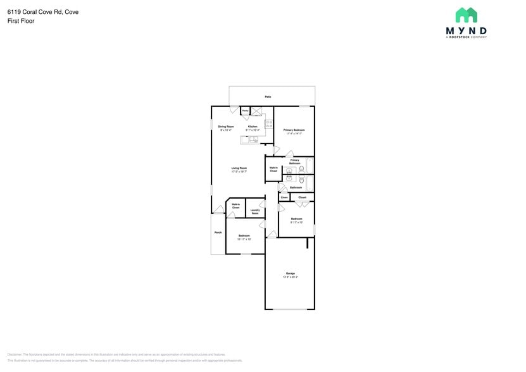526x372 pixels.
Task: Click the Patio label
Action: point(268,97)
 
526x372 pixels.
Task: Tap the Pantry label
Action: point(245,111)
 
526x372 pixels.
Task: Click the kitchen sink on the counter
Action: point(253,139)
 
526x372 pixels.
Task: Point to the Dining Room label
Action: point(226,127)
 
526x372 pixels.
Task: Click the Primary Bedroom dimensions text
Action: point(294,133)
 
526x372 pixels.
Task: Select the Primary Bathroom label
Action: point(294,162)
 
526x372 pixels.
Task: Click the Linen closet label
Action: point(284,197)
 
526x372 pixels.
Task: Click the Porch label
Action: point(218,232)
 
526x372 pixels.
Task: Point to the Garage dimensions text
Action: point(290,277)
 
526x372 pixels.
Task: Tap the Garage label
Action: point(290,273)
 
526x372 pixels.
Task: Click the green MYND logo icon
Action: point(466,15)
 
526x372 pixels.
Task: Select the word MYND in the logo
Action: point(466,30)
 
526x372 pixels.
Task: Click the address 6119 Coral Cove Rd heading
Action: point(43,11)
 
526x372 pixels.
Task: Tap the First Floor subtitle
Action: point(21,21)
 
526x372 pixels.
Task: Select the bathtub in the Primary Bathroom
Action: point(310,166)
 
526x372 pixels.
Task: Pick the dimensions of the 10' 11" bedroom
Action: point(244,239)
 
